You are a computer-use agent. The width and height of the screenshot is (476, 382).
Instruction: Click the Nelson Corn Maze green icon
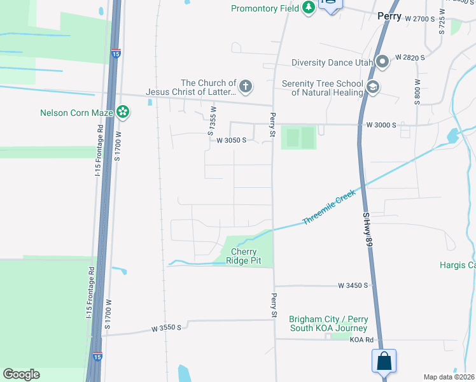(x=123, y=113)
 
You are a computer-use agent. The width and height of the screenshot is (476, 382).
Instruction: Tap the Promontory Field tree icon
(x=309, y=8)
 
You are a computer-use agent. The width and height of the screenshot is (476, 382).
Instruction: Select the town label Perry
(x=389, y=17)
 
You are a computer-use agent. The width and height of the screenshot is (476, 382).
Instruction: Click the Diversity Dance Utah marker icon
(x=382, y=62)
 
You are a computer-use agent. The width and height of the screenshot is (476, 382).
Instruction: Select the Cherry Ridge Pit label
(x=243, y=256)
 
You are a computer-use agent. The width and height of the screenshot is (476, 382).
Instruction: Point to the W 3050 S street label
(x=231, y=140)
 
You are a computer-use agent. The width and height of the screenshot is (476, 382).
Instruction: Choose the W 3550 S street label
(x=166, y=328)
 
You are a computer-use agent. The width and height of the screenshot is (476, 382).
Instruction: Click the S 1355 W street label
(x=212, y=120)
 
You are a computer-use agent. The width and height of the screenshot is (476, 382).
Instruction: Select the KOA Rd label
(x=361, y=340)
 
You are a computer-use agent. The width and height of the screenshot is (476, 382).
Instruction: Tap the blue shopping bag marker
(x=384, y=361)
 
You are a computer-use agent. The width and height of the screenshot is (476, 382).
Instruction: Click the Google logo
(x=21, y=374)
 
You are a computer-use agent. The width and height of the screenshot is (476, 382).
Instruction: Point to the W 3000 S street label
(x=381, y=125)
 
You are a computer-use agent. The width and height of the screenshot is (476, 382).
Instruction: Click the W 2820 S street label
(x=410, y=57)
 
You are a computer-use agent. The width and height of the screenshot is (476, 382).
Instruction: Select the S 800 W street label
(x=417, y=94)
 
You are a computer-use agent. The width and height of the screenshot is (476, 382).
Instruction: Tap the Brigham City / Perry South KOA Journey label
(x=328, y=323)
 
